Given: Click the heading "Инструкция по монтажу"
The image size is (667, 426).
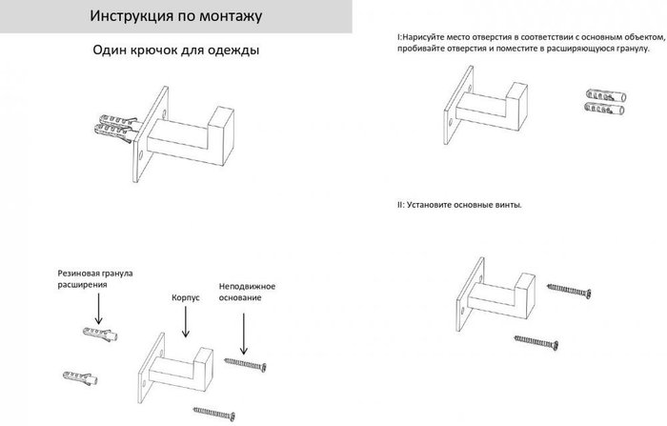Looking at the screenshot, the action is [x=175, y=16].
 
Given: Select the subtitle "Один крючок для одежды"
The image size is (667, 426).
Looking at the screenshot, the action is [x=175, y=51].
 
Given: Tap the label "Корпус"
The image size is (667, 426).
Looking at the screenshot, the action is [x=186, y=298].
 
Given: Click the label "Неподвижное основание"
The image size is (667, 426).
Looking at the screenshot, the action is [x=247, y=292].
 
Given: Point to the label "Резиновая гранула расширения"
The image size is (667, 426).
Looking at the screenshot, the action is [x=95, y=278].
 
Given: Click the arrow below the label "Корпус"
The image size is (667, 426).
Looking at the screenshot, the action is [x=186, y=322].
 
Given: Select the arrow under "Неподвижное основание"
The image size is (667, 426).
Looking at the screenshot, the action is [x=244, y=334].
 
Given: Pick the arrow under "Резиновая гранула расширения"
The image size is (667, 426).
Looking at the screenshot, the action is [x=98, y=309].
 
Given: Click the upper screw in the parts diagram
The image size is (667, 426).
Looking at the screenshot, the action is [x=245, y=364].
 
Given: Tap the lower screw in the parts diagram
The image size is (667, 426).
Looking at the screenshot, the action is [x=214, y=414].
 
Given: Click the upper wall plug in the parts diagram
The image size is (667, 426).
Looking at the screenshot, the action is [x=100, y=334].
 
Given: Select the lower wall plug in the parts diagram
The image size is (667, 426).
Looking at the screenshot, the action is [x=80, y=378].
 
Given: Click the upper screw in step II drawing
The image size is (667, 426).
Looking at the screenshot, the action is [x=569, y=291].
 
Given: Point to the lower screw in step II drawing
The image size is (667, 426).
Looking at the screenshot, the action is [x=536, y=342].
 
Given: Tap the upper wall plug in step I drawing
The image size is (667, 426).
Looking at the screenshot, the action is [x=606, y=95].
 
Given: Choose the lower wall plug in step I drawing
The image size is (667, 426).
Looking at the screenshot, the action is [x=604, y=109].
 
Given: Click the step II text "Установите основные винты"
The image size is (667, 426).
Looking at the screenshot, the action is [x=463, y=205].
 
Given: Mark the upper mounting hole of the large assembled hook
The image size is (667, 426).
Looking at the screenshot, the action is [x=164, y=114].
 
